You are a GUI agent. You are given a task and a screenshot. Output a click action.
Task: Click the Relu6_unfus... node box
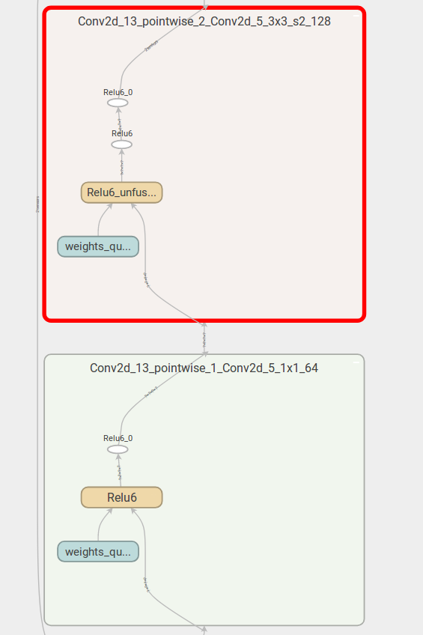[x=121, y=192]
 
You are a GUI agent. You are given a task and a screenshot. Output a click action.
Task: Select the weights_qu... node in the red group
[x=98, y=246]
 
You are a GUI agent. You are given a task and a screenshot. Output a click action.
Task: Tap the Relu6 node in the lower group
[x=121, y=497]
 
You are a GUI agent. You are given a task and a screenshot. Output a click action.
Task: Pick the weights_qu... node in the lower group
[x=98, y=552]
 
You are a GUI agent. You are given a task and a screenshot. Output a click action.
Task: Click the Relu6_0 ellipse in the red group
[x=118, y=103]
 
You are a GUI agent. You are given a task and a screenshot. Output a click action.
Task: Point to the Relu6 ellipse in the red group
[x=121, y=144]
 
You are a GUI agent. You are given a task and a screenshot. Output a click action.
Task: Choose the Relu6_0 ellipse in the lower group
[x=118, y=449]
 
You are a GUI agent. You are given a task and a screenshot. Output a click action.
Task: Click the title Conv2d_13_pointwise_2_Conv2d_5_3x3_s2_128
[x=204, y=22]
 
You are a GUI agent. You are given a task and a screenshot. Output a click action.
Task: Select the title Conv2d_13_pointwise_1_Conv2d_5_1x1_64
[x=204, y=368]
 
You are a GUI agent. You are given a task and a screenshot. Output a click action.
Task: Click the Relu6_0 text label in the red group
[x=118, y=92]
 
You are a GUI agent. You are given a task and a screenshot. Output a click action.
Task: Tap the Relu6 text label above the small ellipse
[x=122, y=133]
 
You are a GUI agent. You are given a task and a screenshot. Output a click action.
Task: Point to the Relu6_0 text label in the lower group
[x=118, y=438]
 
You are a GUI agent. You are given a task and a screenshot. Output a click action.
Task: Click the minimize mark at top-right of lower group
[x=356, y=361]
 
